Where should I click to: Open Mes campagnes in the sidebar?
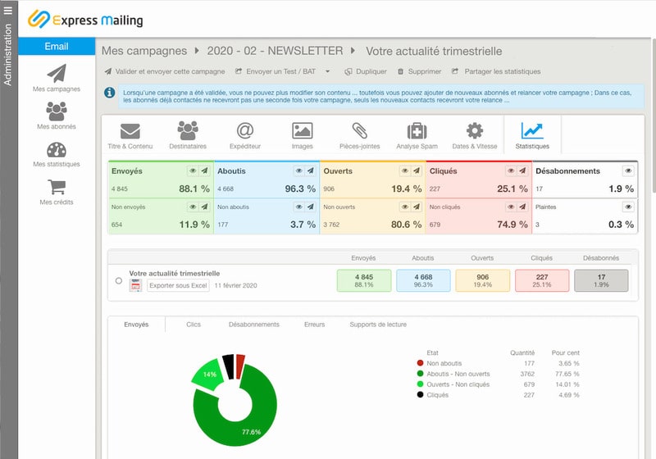[57, 77]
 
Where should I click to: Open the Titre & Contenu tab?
[130, 136]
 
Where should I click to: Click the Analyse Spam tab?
[417, 136]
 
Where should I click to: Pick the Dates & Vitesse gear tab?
[475, 136]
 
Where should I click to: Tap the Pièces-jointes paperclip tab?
[359, 136]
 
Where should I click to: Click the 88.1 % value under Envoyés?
[194, 189]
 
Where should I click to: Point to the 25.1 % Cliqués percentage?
[512, 189]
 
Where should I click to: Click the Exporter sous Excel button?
[178, 285]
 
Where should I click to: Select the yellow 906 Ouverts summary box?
[482, 280]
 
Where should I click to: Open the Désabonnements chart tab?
[254, 325]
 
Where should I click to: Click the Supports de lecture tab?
[378, 325]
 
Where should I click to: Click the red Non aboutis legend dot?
[420, 363]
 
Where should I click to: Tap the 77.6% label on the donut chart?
[251, 431]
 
